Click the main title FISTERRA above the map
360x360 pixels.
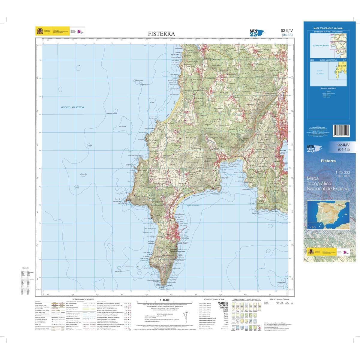click(161, 34)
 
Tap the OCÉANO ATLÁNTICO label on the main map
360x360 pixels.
click(73, 107)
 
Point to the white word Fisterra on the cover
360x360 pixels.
click(328, 161)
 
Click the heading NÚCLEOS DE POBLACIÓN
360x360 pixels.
click(212, 299)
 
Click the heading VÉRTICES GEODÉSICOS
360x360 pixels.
click(279, 299)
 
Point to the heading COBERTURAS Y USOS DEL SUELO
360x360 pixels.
click(245, 299)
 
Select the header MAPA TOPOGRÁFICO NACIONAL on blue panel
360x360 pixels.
click(328, 28)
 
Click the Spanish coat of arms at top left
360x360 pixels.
click(40, 31)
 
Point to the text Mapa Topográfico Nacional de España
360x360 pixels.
click(328, 183)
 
